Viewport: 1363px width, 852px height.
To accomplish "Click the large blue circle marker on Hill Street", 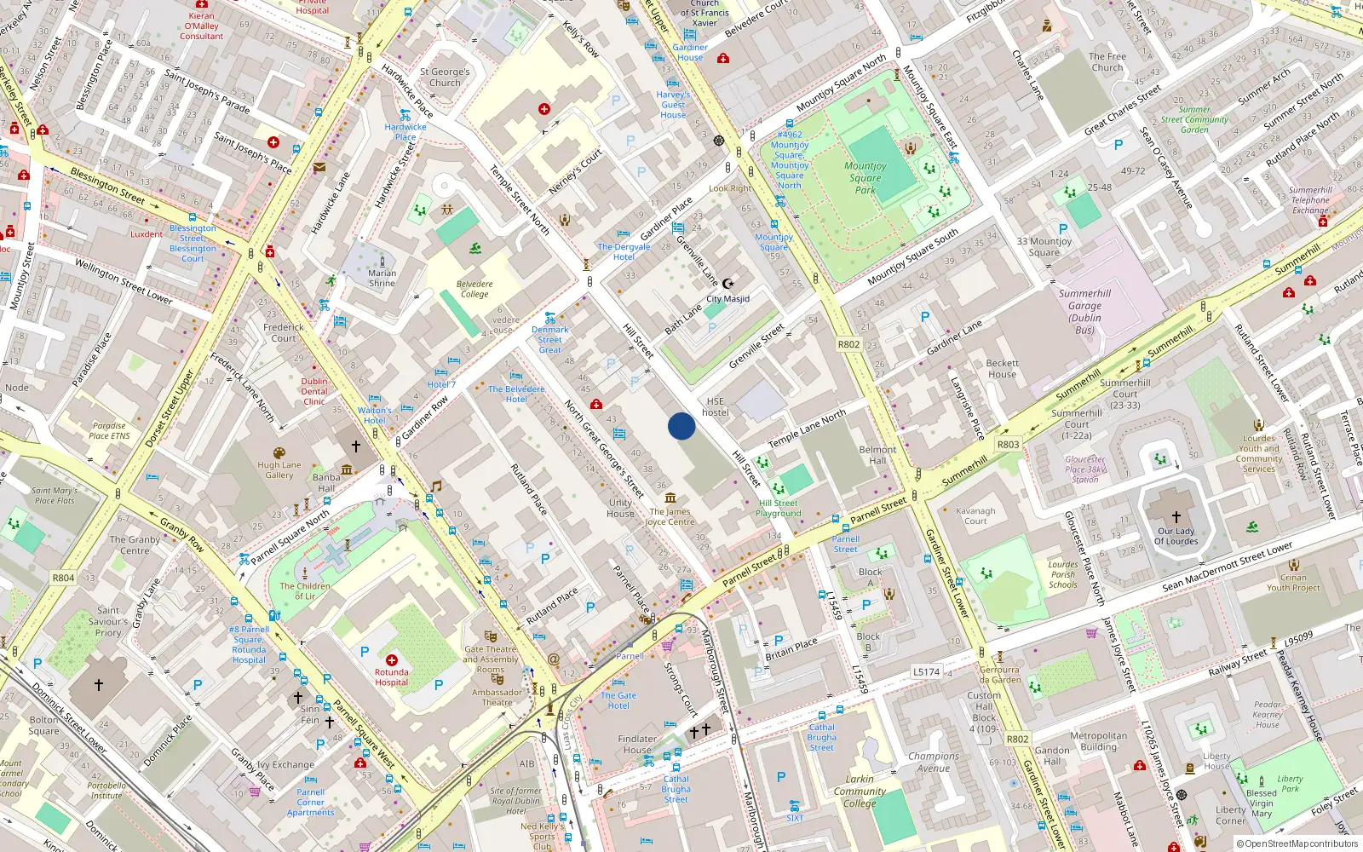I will tap(681, 426).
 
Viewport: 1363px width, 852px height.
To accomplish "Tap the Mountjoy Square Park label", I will tap(866, 178).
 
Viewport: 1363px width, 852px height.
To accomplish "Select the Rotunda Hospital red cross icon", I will tap(392, 660).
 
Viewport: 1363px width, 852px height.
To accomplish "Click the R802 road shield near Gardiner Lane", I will tap(848, 344).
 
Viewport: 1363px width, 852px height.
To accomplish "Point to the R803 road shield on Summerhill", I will tap(1008, 444).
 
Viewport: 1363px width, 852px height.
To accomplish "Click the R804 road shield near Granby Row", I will tap(63, 578).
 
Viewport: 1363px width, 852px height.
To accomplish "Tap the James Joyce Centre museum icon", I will tap(670, 498).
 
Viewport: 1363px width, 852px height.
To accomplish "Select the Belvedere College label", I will tap(474, 289).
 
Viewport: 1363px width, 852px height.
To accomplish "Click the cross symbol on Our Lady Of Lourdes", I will tap(1176, 516).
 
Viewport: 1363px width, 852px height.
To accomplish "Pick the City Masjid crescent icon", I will tap(728, 284).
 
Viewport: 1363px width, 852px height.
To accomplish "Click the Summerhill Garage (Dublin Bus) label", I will tap(1084, 311).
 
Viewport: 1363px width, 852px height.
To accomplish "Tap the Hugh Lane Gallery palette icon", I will tap(279, 453).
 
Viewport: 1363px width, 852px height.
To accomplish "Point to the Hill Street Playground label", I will tap(779, 508).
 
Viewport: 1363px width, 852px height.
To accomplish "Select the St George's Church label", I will tap(445, 78).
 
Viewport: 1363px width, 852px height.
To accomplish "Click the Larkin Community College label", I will tap(860, 791).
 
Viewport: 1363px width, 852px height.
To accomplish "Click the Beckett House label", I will tap(1002, 368).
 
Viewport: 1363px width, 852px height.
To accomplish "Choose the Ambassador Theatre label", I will tap(497, 697).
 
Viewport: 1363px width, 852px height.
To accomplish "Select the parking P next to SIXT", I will tap(781, 777).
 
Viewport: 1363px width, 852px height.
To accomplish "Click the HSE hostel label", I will tap(716, 406).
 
